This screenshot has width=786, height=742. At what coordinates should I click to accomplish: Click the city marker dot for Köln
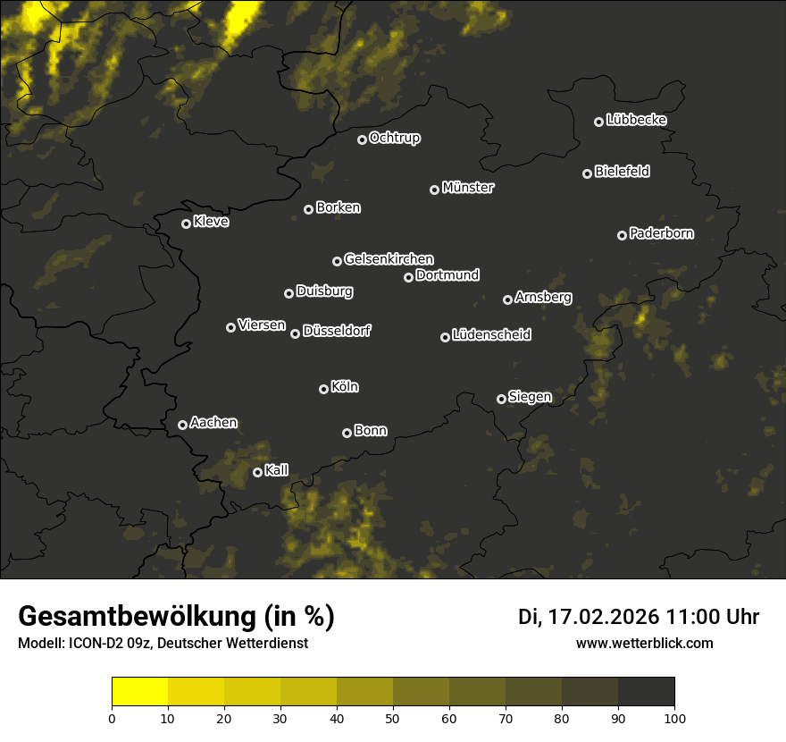323,389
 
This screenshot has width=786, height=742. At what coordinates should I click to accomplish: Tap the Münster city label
467,188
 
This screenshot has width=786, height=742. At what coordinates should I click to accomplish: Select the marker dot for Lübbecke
598,122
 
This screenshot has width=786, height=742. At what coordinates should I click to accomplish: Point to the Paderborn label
661,233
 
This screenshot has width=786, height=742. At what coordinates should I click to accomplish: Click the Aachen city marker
182,425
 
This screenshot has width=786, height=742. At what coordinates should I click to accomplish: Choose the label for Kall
276,470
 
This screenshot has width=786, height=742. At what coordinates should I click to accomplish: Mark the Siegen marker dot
501,399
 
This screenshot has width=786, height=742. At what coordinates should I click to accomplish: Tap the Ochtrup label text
394,138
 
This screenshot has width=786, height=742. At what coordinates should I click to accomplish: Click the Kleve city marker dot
186,223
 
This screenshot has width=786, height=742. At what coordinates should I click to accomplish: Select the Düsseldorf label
336,331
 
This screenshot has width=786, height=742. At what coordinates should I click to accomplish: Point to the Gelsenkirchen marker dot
337,261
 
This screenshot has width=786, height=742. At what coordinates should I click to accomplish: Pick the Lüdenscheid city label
491,335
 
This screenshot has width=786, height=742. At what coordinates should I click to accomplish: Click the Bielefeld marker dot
587,173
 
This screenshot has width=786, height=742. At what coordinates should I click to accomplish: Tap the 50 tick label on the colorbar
393,718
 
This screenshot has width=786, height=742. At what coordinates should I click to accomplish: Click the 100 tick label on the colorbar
674,718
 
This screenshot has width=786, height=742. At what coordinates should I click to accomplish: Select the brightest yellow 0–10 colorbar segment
139,692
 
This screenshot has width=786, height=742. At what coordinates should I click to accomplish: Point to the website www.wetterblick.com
644,643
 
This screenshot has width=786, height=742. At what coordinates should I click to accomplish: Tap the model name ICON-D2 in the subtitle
90,644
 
